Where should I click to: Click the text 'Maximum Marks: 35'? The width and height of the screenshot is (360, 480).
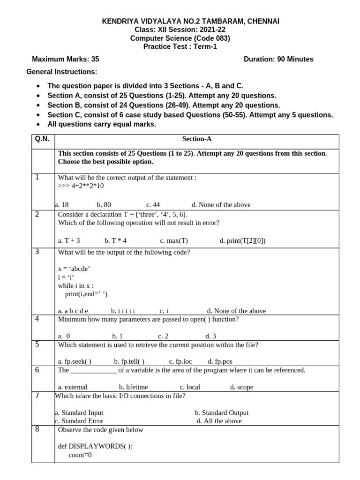pyautogui.click(x=65, y=59)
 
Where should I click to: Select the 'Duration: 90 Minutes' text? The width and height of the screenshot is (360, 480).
pyautogui.click(x=278, y=59)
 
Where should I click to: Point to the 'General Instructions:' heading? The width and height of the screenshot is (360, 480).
pyautogui.click(x=61, y=72)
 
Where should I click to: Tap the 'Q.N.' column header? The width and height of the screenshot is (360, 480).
pyautogui.click(x=43, y=139)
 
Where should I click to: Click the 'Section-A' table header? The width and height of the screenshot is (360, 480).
pyautogui.click(x=197, y=139)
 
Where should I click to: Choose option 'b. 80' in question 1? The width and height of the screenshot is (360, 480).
pyautogui.click(x=104, y=205)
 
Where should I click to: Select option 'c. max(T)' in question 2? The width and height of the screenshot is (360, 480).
pyautogui.click(x=173, y=241)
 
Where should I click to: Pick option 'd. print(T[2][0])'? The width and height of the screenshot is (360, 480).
pyautogui.click(x=242, y=241)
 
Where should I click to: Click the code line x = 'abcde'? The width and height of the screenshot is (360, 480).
pyautogui.click(x=74, y=269)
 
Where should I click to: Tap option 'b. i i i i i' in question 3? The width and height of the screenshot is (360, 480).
pyautogui.click(x=123, y=311)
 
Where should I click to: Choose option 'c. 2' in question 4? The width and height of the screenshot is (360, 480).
pyautogui.click(x=163, y=336)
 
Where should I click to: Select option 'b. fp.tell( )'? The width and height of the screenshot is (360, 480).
pyautogui.click(x=129, y=361)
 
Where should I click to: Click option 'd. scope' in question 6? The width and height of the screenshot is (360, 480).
pyautogui.click(x=241, y=387)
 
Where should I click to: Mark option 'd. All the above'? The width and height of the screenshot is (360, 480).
pyautogui.click(x=219, y=421)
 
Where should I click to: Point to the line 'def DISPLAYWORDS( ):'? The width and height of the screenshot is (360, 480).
pyautogui.click(x=95, y=446)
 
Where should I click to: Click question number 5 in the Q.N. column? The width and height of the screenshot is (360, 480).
pyautogui.click(x=37, y=345)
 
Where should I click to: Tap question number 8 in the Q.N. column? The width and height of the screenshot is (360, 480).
pyautogui.click(x=37, y=429)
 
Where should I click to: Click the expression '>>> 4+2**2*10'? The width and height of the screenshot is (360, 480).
pyautogui.click(x=81, y=186)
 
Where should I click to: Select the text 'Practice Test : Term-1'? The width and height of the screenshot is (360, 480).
pyautogui.click(x=180, y=46)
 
